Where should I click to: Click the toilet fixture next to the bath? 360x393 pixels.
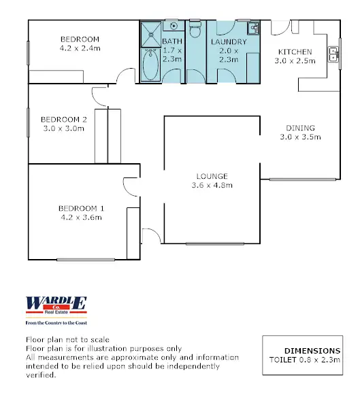pyautogui.click(x=195, y=31)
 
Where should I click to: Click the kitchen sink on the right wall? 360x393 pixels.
pyautogui.click(x=333, y=54)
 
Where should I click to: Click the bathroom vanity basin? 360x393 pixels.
pyautogui.click(x=173, y=27)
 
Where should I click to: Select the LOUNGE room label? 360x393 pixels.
pyautogui.click(x=210, y=175)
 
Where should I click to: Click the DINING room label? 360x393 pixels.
pyautogui.click(x=300, y=127)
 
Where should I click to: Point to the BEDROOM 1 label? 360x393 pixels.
pyautogui.click(x=81, y=208)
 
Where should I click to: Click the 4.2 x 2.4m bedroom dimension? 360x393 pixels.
pyautogui.click(x=80, y=49)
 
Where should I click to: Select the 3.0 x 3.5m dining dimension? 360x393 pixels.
pyautogui.click(x=300, y=137)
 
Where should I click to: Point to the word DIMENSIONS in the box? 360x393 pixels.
pyautogui.click(x=312, y=350)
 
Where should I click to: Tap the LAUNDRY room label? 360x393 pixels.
pyautogui.click(x=229, y=41)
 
